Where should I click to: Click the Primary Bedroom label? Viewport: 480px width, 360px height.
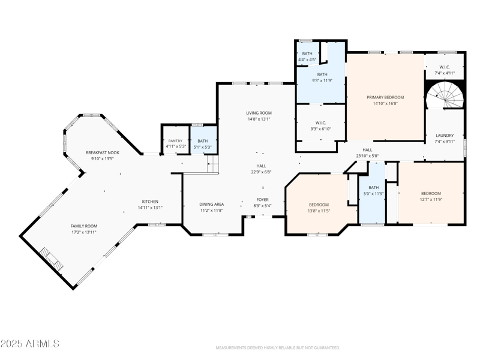(385, 97)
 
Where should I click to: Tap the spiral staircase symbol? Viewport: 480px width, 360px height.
(445, 95)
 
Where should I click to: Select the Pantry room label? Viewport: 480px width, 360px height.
(175, 140)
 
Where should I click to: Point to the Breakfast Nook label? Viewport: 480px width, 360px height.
(102, 152)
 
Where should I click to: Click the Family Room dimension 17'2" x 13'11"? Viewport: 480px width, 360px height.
(83, 232)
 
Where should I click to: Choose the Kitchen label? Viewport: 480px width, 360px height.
(150, 202)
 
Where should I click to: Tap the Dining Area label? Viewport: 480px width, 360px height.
(211, 204)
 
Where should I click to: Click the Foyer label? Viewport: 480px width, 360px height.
(263, 199)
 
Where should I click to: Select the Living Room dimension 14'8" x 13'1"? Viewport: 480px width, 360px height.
(259, 119)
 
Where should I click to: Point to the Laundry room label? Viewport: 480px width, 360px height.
(445, 136)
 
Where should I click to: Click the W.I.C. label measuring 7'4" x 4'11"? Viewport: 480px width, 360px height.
(445, 73)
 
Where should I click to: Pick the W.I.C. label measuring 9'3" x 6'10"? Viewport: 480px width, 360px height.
(320, 128)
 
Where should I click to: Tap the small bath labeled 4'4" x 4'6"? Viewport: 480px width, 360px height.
(307, 59)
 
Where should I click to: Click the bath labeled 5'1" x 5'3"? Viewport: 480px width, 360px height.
(203, 146)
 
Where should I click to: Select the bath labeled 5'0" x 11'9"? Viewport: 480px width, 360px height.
(374, 193)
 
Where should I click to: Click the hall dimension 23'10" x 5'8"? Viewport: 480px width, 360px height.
(367, 156)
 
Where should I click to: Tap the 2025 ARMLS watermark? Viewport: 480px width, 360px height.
(30, 344)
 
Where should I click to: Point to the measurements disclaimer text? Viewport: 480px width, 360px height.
(278, 347)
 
